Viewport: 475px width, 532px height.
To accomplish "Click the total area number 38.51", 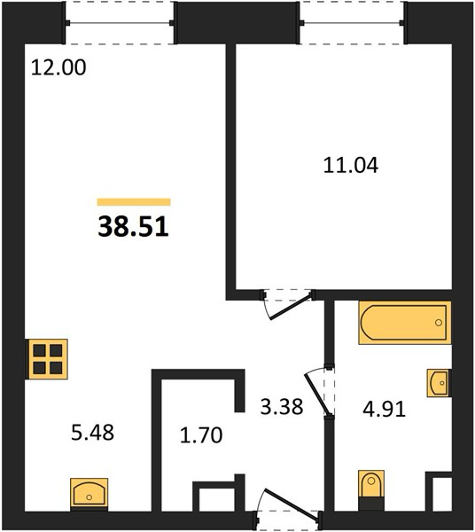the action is [133, 227].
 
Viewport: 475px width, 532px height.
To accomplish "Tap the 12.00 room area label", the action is [58, 67].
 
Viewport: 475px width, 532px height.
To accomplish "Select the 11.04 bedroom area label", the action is [351, 166].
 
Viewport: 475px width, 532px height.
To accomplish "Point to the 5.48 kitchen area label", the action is [92, 433].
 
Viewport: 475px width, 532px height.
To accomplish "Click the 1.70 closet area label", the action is [201, 435].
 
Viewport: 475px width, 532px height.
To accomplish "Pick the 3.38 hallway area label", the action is [282, 406].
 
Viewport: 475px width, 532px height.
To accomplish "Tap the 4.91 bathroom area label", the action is [384, 410].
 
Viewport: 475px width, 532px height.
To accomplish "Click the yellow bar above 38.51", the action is [134, 202].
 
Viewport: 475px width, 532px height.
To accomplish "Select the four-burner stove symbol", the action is [47, 359].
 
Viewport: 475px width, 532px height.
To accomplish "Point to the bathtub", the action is [405, 323].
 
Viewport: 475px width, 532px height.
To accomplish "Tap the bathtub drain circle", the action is [439, 323].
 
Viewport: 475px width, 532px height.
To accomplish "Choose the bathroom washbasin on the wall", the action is [439, 383].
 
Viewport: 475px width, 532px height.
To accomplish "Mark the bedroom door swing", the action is [287, 304].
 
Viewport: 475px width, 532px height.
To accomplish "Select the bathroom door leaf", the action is [318, 394].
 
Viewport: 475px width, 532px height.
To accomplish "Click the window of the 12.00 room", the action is [120, 23].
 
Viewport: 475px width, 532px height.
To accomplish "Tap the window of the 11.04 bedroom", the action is [352, 23].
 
